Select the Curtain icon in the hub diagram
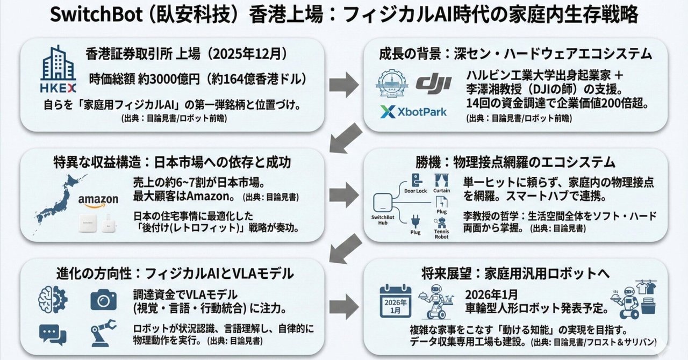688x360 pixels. (442, 180)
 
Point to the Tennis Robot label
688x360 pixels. (441, 234)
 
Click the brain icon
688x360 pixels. (53, 300)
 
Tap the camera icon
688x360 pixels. (103, 300)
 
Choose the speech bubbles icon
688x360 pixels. (53, 334)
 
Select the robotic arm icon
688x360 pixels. (103, 332)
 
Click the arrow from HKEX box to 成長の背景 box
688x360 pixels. (344, 83)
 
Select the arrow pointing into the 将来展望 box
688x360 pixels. (344, 308)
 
